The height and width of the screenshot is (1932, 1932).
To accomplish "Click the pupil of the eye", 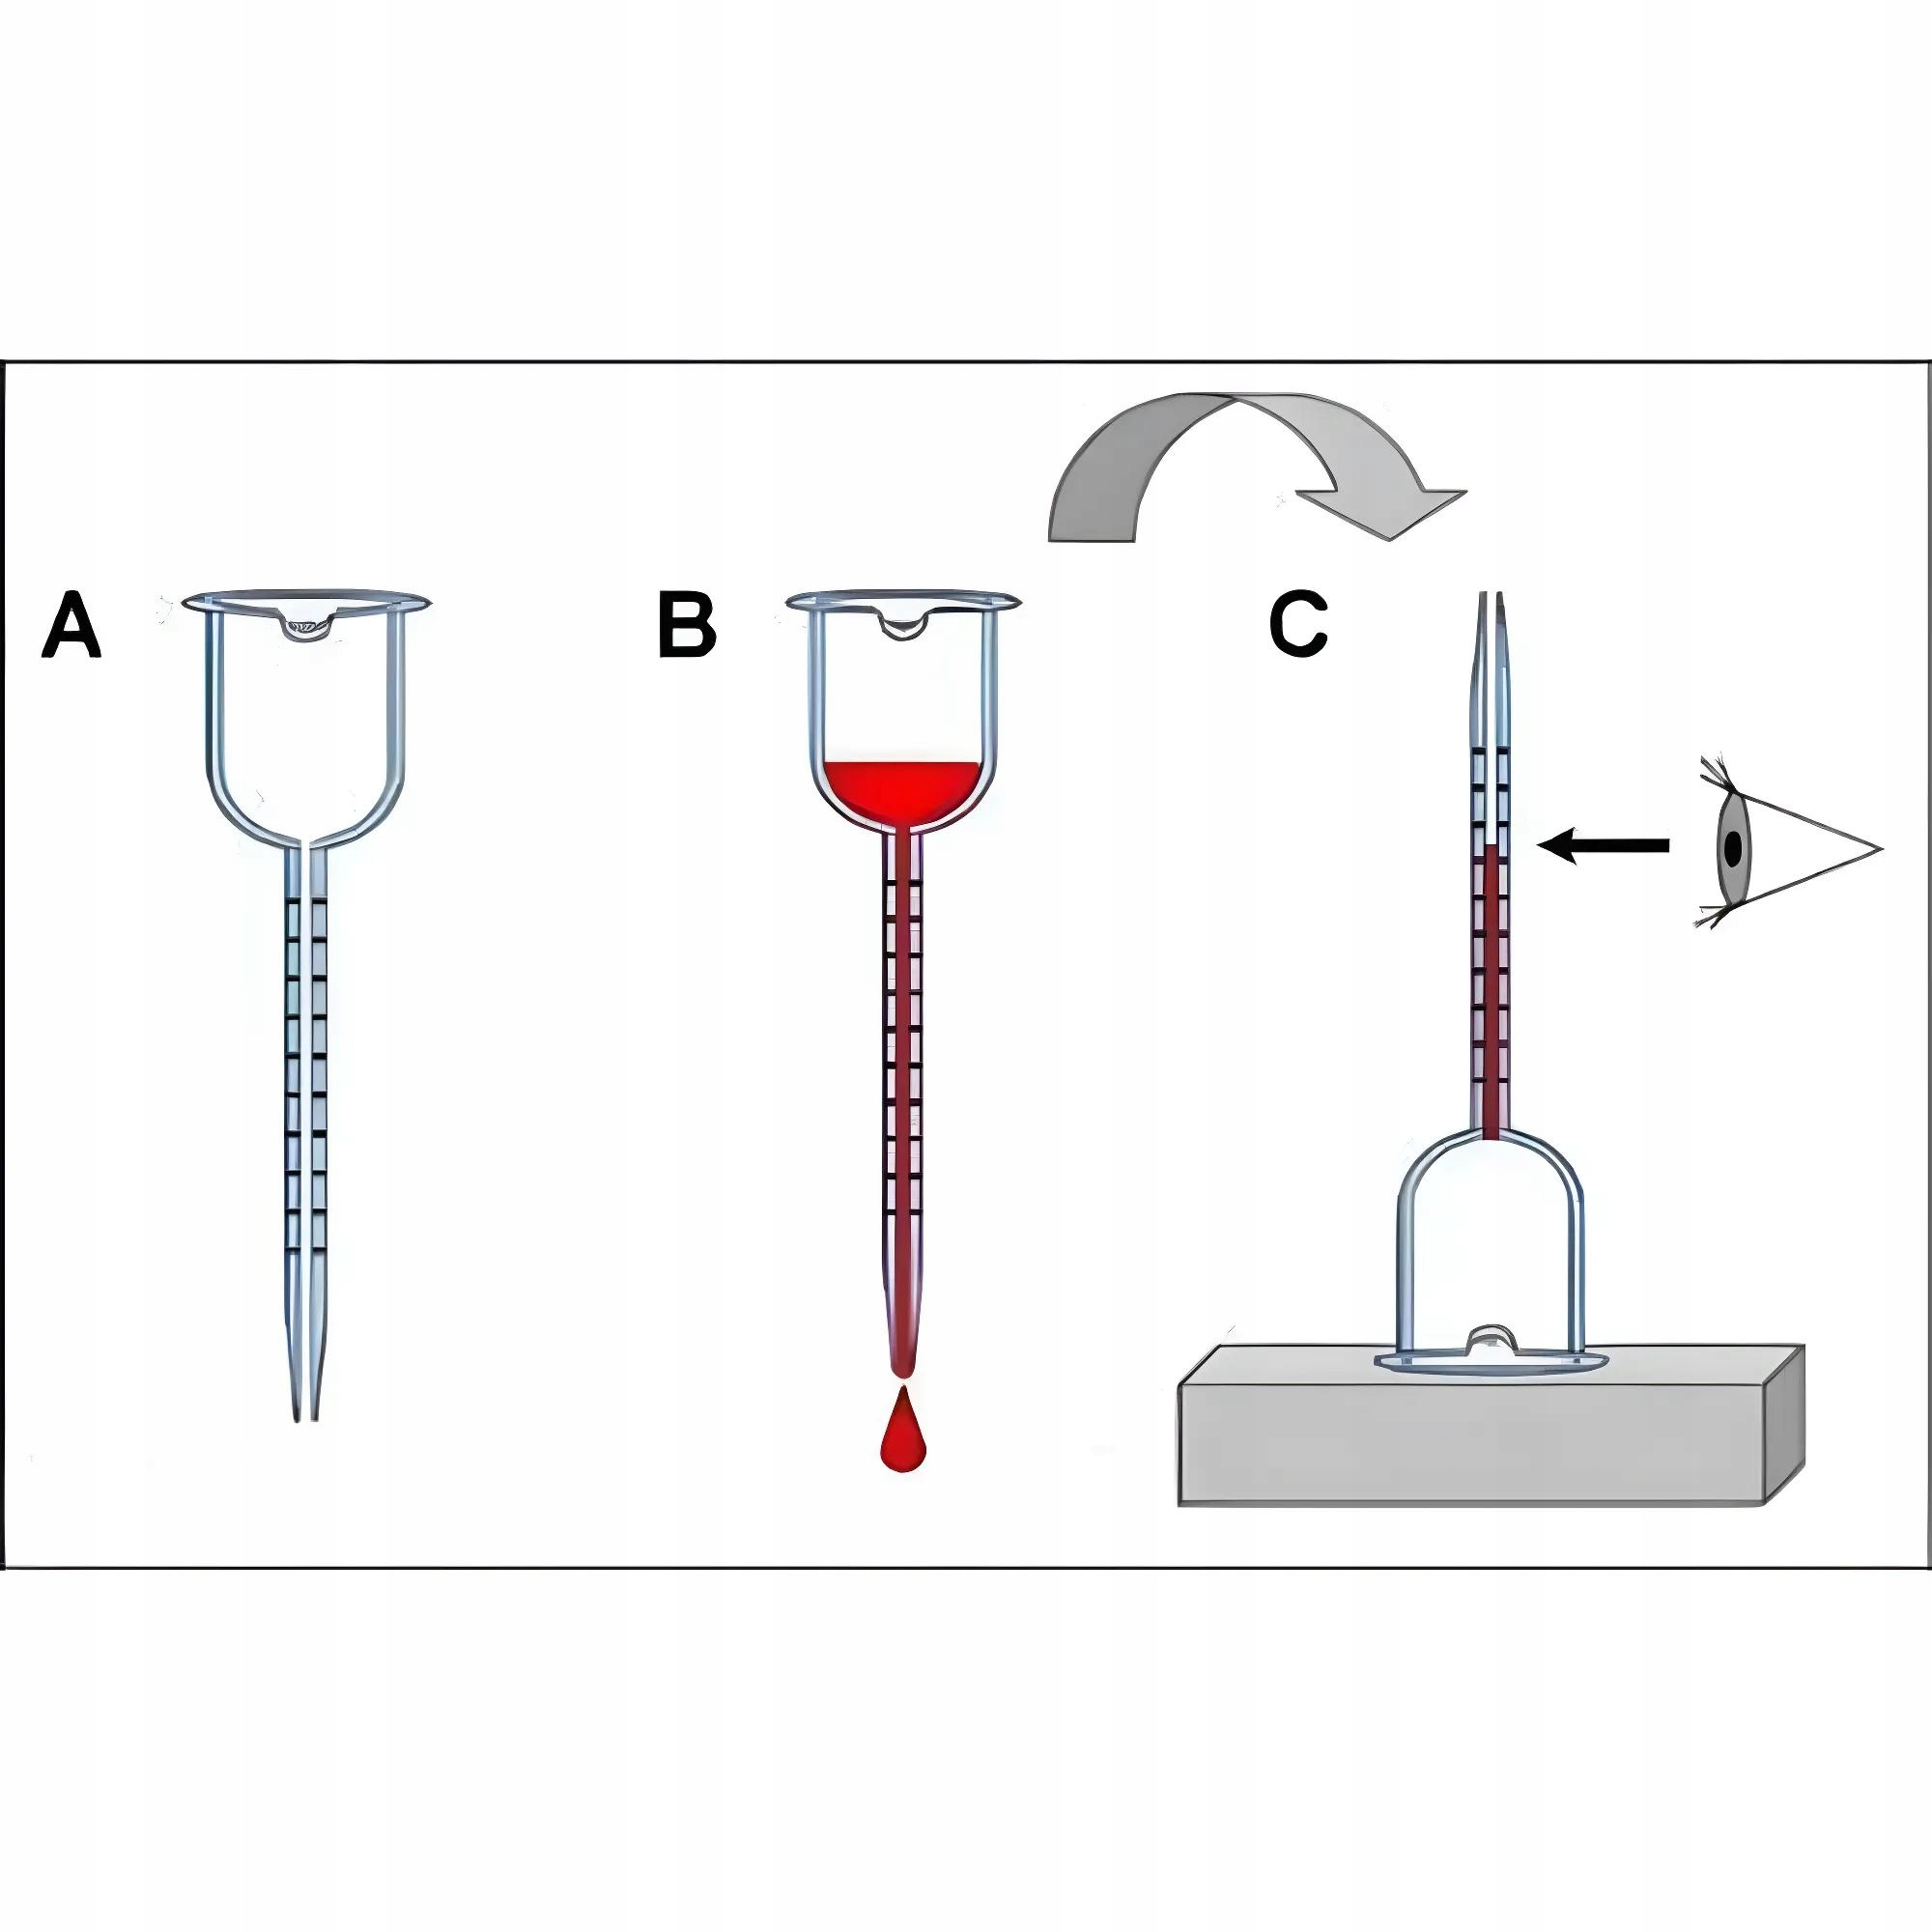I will coord(1734,848).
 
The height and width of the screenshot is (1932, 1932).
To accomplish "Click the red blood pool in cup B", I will coord(902,790).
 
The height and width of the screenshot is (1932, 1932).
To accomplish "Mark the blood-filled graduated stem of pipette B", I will coord(902,1050).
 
